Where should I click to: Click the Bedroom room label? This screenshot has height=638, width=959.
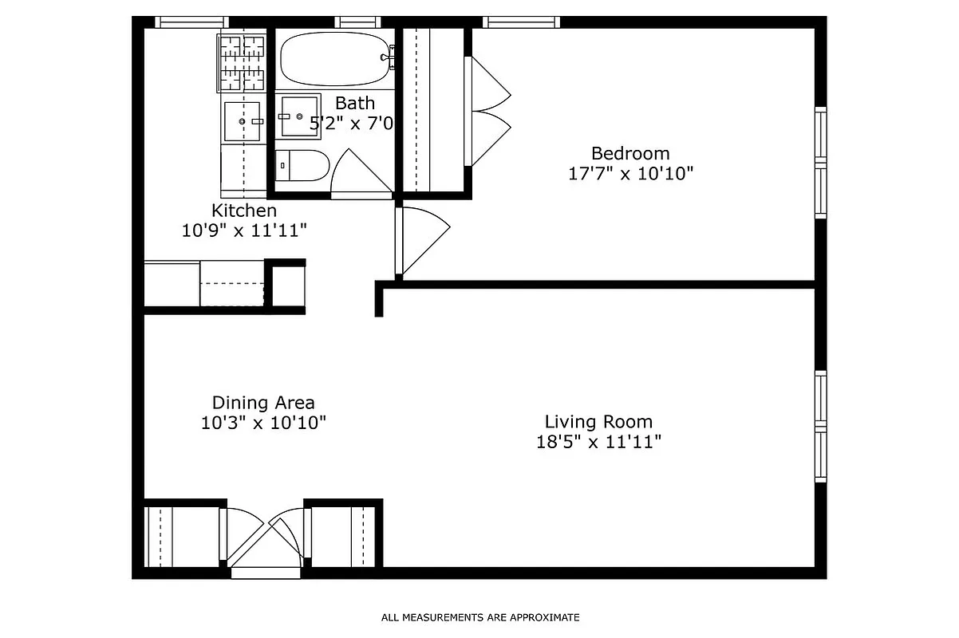[x=629, y=153]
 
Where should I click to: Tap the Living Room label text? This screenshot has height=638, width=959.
[x=598, y=421]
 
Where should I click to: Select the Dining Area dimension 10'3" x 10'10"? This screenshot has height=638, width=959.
[x=263, y=423]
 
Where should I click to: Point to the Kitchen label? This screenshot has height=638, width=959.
[x=244, y=211]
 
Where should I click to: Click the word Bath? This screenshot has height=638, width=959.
[x=354, y=103]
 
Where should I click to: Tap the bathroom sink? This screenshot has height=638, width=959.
[x=297, y=116]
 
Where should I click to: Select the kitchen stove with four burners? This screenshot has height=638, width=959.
[x=242, y=62]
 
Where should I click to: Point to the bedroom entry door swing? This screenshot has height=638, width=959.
[x=420, y=239]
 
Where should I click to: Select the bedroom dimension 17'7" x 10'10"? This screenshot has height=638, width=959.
[x=629, y=174]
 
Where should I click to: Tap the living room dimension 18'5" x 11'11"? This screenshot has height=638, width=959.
[x=598, y=442]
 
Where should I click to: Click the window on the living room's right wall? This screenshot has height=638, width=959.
[x=820, y=427]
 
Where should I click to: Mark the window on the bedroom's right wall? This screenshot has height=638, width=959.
[x=820, y=163]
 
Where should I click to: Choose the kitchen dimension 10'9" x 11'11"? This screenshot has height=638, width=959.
[x=244, y=230]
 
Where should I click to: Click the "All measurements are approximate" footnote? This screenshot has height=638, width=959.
[x=479, y=617]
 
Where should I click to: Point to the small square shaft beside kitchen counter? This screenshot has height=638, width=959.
[x=285, y=285]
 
